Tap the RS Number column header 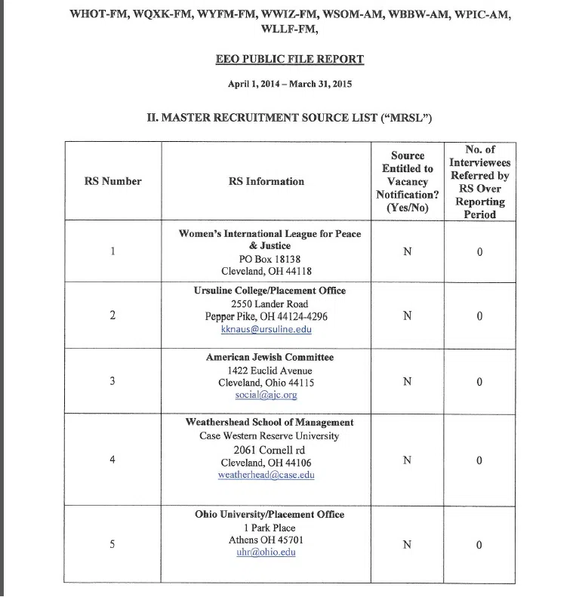(112, 181)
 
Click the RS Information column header (266, 181)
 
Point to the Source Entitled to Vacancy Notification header (408, 181)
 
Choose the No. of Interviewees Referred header (479, 182)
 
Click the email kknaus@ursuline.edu (266, 329)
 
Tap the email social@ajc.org (266, 395)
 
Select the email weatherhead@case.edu (266, 475)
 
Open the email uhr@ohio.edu (266, 552)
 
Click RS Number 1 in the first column (112, 251)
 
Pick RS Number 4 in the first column (112, 460)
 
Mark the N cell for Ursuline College (408, 315)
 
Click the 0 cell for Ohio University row (479, 545)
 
